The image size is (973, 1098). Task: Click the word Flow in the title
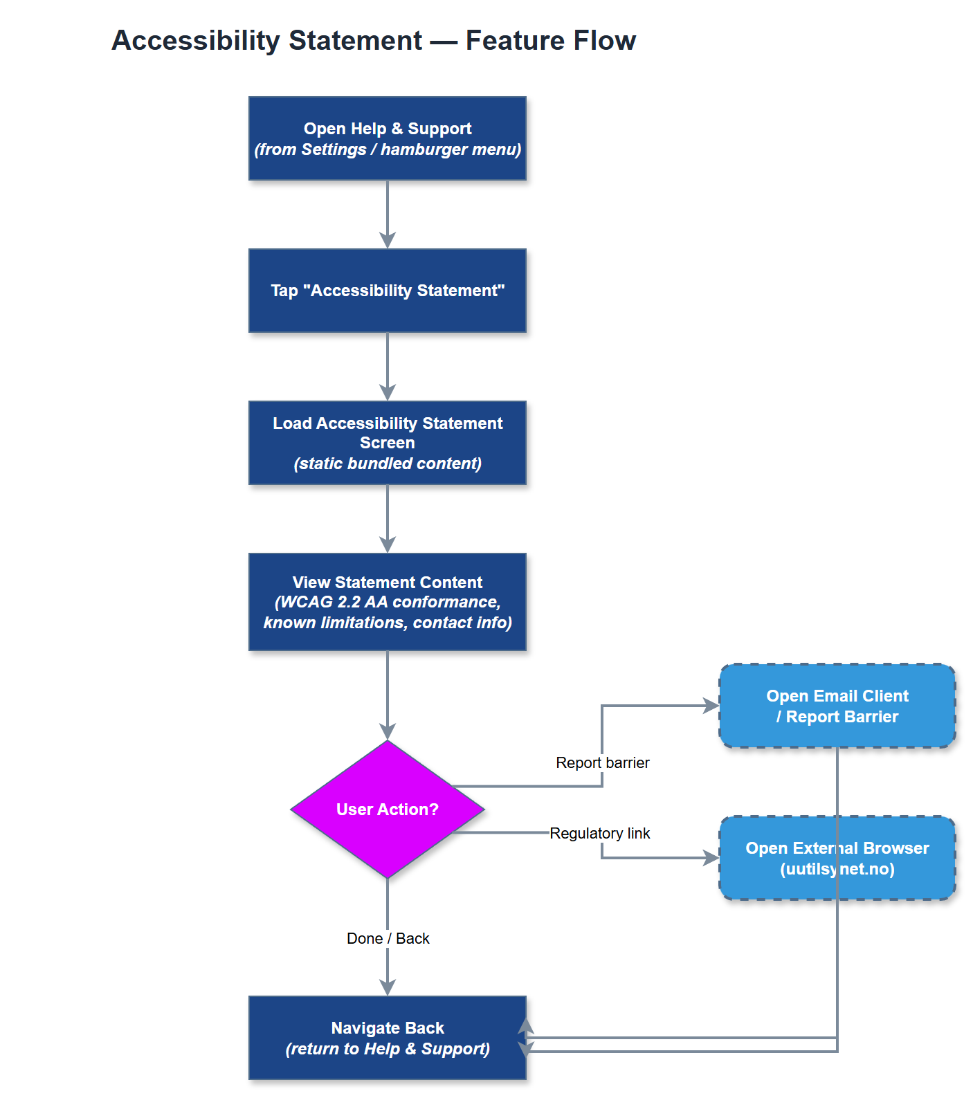click(x=604, y=40)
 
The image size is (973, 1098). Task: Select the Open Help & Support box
click(x=388, y=138)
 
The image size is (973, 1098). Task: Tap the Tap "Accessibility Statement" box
click(x=388, y=291)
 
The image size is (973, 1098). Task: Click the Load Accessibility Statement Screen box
click(x=388, y=443)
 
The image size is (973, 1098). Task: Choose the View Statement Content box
click(x=388, y=602)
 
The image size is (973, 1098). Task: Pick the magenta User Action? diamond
click(x=388, y=809)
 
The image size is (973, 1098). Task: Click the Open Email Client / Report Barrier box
click(x=837, y=706)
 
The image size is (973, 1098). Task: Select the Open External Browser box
click(x=837, y=858)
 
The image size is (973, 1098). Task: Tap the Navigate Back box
click(x=388, y=1038)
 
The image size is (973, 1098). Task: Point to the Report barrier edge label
click(x=602, y=762)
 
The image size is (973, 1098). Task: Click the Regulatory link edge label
click(x=599, y=833)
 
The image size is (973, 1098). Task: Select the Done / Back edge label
click(x=388, y=938)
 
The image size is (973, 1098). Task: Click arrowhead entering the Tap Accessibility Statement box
click(x=388, y=241)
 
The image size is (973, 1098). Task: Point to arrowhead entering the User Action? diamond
click(x=388, y=732)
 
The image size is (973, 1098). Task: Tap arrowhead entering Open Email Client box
click(x=711, y=706)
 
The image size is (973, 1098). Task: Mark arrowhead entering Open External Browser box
click(x=711, y=858)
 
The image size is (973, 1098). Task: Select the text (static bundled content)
click(x=388, y=464)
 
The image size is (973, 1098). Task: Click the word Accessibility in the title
click(x=195, y=40)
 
